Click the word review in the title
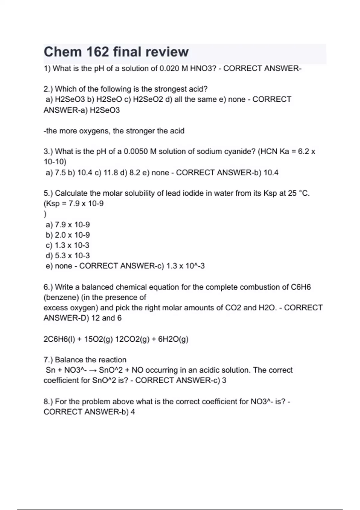167,52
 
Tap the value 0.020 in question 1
169,68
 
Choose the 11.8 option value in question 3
111,172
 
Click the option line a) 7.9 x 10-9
68,225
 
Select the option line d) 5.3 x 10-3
68,256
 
